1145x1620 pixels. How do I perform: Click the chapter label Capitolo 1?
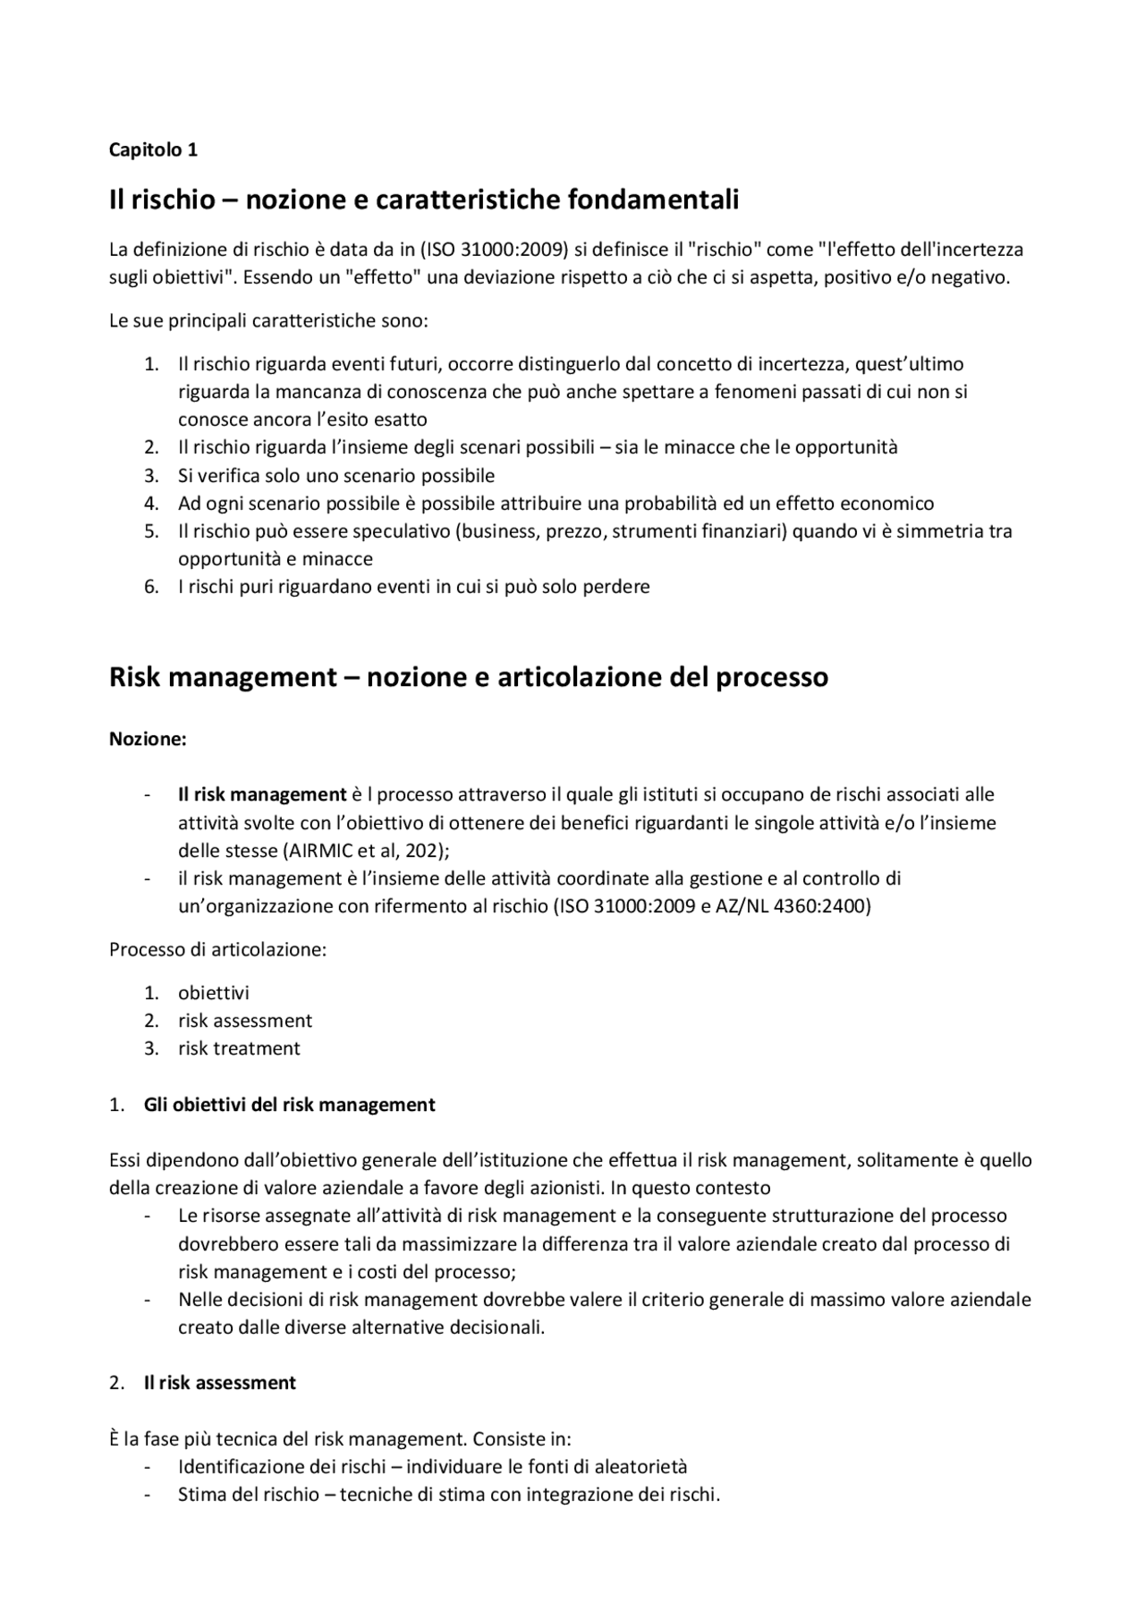point(153,150)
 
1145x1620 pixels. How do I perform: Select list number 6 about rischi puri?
point(151,588)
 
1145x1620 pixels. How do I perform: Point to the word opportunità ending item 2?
point(845,447)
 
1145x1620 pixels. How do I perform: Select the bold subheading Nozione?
point(148,740)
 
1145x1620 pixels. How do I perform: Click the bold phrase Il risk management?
point(261,795)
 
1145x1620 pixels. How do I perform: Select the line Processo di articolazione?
point(217,950)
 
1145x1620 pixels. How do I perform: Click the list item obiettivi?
point(213,994)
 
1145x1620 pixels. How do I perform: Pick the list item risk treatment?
point(239,1049)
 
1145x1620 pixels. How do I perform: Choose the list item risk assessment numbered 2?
point(244,1022)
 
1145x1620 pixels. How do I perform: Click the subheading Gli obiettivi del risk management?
point(289,1106)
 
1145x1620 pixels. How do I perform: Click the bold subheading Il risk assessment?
point(219,1383)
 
